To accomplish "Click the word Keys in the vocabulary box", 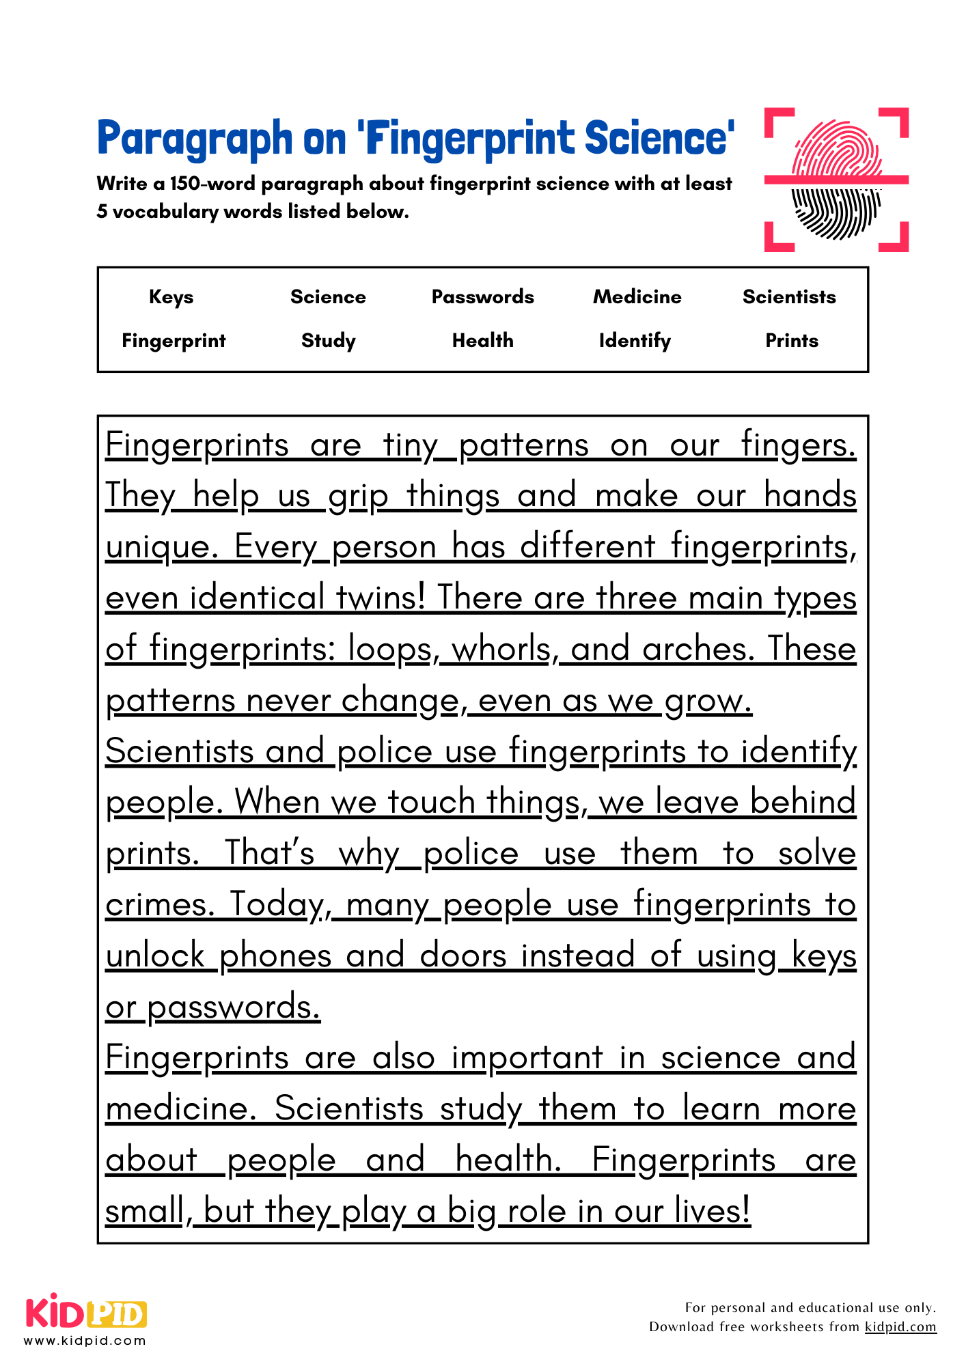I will [x=171, y=297].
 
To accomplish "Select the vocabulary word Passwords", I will [x=482, y=297].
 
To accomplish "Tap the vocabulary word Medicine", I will [x=637, y=297].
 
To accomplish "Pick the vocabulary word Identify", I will [x=635, y=341].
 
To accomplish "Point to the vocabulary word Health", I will [x=482, y=341].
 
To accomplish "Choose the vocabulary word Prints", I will [x=791, y=341].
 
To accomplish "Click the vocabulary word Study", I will [x=328, y=341].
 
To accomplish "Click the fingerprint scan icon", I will [x=836, y=180].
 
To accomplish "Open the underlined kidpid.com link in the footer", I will [x=900, y=1327].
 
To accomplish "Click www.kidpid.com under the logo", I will [x=85, y=1341].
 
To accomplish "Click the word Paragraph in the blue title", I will [x=195, y=139].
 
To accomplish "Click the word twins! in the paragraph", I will [x=381, y=598].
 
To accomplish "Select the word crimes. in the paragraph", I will [x=159, y=904].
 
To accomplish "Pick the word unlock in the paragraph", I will [x=155, y=956].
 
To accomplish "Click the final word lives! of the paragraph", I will [x=712, y=1211].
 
